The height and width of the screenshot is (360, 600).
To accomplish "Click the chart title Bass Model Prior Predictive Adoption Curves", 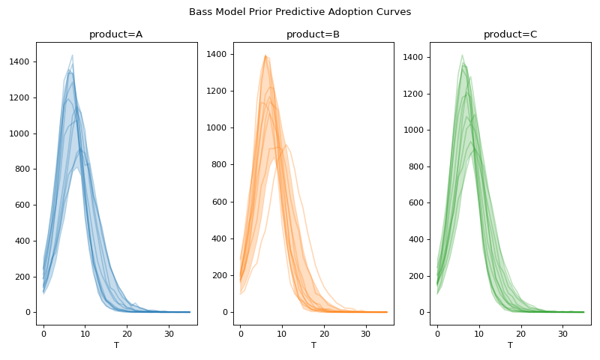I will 300,12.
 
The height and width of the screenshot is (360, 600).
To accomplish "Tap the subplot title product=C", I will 510,34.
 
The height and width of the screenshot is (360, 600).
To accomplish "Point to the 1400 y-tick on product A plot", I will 20,61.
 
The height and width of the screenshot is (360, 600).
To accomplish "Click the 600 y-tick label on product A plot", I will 22,205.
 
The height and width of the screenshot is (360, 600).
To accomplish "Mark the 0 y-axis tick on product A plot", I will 28,313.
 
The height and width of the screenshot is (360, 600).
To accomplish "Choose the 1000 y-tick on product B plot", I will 217,128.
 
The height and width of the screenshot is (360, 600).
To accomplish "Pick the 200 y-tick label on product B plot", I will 220,276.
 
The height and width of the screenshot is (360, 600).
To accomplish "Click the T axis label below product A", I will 116,346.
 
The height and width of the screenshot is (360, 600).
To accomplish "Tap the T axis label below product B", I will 313,346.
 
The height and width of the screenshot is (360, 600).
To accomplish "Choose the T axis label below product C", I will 510,346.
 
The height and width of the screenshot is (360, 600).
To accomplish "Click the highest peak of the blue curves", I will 73,55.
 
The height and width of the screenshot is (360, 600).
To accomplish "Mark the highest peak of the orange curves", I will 265,55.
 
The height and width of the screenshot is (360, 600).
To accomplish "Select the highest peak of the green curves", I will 462,55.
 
